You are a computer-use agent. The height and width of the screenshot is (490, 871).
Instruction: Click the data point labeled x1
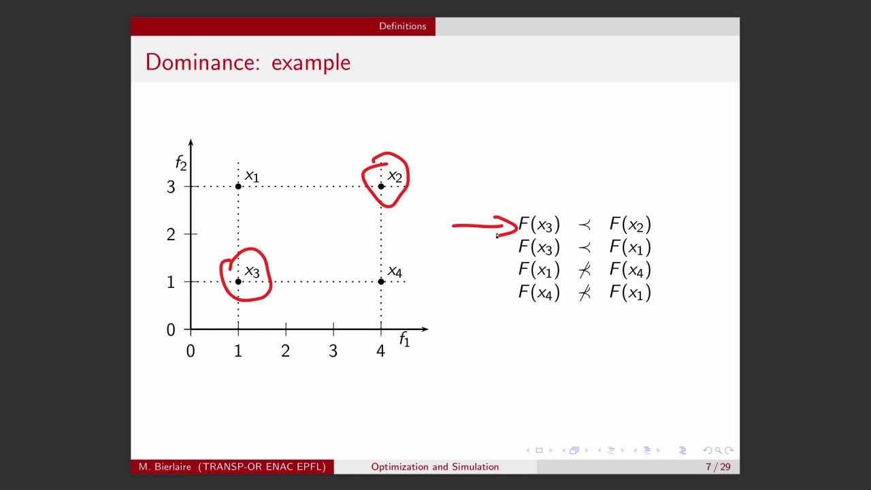[238, 186]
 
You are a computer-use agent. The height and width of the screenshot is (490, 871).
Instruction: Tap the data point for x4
[381, 281]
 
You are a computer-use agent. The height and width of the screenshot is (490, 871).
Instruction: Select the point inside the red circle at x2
[381, 186]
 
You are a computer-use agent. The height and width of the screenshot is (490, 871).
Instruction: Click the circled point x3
[238, 281]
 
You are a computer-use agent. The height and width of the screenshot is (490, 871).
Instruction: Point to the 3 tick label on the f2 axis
[171, 187]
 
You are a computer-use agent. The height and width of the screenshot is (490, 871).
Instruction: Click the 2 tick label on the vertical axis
[171, 235]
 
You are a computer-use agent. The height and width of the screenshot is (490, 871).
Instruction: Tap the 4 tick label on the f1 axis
[380, 351]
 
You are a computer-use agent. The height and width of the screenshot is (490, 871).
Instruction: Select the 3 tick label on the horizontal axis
[333, 351]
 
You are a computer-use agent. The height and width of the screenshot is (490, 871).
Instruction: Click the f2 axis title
[181, 163]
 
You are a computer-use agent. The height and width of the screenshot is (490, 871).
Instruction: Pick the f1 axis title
[405, 339]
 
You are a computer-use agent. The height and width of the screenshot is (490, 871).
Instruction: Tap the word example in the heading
[311, 63]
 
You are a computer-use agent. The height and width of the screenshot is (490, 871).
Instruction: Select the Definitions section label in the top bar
[402, 26]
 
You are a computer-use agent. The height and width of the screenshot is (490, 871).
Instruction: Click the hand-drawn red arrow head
[512, 227]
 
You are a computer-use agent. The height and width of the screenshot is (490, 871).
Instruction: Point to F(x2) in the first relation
[630, 225]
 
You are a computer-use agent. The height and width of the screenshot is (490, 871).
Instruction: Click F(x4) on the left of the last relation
[539, 293]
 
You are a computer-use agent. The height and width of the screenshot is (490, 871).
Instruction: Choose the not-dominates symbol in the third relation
[585, 270]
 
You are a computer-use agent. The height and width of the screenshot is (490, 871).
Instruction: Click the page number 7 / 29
[718, 467]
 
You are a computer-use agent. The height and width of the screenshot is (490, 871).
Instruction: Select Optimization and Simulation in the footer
[435, 467]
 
